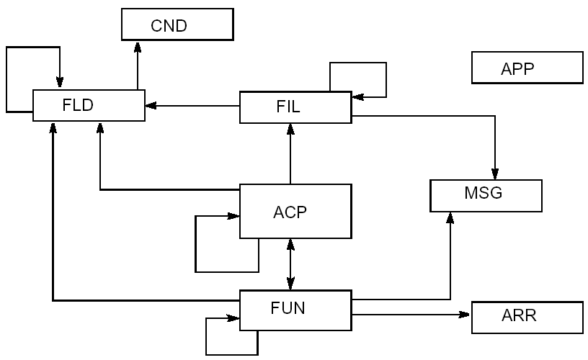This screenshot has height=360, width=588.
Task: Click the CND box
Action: click(177, 25)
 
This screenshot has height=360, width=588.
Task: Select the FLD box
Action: click(88, 105)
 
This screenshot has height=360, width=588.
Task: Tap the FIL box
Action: click(295, 107)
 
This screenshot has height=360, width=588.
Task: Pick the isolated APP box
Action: click(526, 68)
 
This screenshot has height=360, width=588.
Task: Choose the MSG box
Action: click(486, 195)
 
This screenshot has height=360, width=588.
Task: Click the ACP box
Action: click(295, 212)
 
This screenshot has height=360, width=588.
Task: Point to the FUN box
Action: click(295, 309)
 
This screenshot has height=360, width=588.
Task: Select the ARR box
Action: click(526, 317)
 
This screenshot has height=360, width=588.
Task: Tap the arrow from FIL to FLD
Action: click(192, 106)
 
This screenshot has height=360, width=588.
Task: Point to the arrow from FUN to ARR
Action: click(411, 315)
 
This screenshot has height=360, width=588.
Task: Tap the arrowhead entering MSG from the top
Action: click(495, 174)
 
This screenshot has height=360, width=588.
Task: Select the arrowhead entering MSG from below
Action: click(450, 218)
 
